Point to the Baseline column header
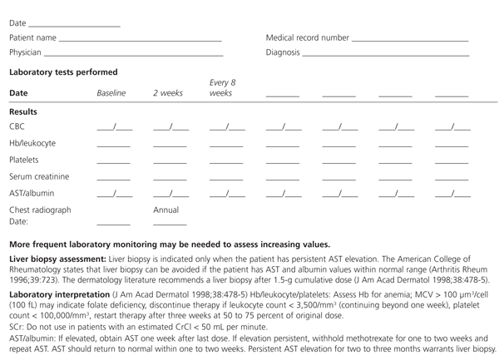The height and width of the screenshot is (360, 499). tap(111, 93)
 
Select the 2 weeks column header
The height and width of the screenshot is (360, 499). tap(168, 93)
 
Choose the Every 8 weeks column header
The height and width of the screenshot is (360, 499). tap(223, 88)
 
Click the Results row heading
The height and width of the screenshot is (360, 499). tap(23, 111)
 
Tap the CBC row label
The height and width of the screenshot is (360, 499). tap(17, 127)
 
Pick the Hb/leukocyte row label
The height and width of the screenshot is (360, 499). tap(32, 143)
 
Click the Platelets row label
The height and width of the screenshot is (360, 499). tap(24, 160)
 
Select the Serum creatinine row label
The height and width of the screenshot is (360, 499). tap(39, 176)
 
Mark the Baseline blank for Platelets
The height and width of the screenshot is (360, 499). tap(114, 161)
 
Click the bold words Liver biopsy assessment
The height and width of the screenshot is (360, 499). tap(57, 260)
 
